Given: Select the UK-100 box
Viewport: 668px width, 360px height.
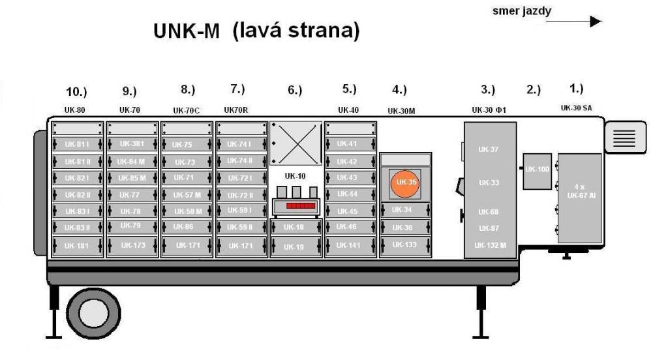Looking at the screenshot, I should [538, 170].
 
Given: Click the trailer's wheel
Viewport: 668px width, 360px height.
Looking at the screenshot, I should [93, 312].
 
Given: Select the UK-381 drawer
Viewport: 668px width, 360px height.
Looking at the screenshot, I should [132, 143].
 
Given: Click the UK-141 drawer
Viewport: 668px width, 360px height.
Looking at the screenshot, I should [350, 245].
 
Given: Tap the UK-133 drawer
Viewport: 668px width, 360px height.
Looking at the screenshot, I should [405, 245].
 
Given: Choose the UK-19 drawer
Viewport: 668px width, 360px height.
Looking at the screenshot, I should [296, 247].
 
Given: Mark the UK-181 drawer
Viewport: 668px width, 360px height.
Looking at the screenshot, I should [77, 246].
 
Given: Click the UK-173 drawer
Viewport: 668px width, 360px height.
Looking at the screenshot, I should [132, 245].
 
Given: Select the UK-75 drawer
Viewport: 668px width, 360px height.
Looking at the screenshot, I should [187, 144].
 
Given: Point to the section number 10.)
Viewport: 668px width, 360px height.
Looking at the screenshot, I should [76, 91].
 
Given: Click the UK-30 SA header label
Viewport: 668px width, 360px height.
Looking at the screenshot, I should [578, 108].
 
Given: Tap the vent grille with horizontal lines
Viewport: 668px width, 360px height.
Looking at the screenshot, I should [626, 138].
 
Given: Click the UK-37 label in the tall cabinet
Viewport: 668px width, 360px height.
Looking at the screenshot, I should [488, 149].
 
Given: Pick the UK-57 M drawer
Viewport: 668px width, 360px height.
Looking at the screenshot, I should [187, 194].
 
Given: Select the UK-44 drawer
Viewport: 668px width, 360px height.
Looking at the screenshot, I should [350, 194].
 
